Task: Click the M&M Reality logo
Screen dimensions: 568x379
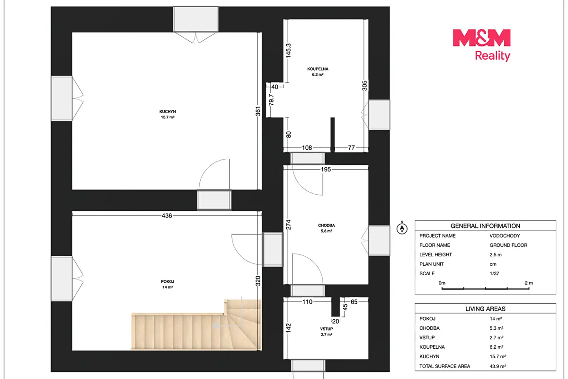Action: (481, 45)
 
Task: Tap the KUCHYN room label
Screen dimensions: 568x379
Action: (168, 114)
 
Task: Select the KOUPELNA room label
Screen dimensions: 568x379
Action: (318, 72)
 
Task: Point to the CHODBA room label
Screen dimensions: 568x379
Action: (326, 228)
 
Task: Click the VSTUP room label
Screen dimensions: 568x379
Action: (326, 332)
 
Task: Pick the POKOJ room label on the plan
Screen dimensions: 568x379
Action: (168, 284)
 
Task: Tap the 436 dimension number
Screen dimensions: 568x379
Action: (167, 216)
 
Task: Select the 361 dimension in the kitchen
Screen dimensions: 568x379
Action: (258, 111)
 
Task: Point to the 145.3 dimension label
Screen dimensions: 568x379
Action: (288, 51)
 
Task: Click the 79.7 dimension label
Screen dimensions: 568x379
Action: (271, 100)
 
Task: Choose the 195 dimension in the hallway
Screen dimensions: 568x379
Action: (326, 169)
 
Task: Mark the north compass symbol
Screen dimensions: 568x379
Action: (402, 228)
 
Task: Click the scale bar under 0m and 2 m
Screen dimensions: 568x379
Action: (485, 289)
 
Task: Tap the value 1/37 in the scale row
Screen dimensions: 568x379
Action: (494, 273)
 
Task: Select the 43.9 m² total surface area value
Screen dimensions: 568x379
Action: (498, 366)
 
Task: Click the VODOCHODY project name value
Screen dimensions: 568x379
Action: (505, 235)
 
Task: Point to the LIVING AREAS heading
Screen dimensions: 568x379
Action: (485, 309)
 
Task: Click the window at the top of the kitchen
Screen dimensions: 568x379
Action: (196, 19)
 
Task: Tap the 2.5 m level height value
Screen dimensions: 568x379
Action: (496, 254)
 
